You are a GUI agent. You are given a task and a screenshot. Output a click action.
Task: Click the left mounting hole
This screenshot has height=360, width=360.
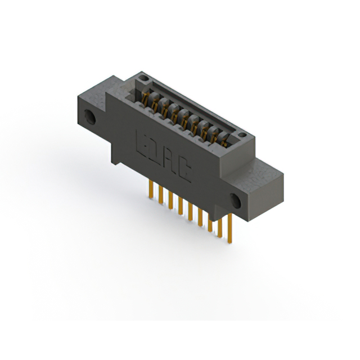[89, 117]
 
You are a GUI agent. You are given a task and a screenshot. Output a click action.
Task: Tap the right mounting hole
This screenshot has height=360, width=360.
[236, 199]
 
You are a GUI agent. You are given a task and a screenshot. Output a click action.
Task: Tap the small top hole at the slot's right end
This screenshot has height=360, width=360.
[242, 135]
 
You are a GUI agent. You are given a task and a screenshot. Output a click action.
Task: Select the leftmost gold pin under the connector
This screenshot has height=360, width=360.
[150, 190]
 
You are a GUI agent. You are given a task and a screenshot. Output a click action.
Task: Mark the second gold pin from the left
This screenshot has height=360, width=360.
[160, 195]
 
